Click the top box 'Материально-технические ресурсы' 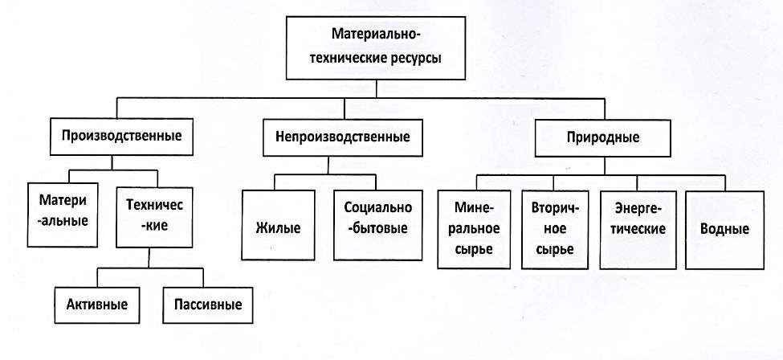pyautogui.click(x=376, y=47)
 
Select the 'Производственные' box pyautogui.click(x=121, y=136)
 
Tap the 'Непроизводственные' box pyautogui.click(x=343, y=137)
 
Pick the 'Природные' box pyautogui.click(x=603, y=138)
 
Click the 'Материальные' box pyautogui.click(x=62, y=215)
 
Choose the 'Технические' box pyautogui.click(x=154, y=218)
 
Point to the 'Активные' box pyautogui.click(x=97, y=305)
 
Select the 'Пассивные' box pyautogui.click(x=208, y=305)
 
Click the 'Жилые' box pyautogui.click(x=278, y=225)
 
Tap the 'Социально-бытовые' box pyautogui.click(x=378, y=225)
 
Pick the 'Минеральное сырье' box pyautogui.click(x=474, y=230)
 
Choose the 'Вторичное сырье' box pyautogui.click(x=555, y=230)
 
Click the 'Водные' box pyautogui.click(x=724, y=230)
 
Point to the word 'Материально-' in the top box pyautogui.click(x=377, y=36)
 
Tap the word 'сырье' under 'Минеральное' pyautogui.click(x=475, y=248)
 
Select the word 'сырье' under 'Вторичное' pyautogui.click(x=555, y=249)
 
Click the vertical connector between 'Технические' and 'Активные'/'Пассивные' pyautogui.click(x=149, y=258)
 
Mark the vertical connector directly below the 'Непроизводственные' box pyautogui.click(x=328, y=165)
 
